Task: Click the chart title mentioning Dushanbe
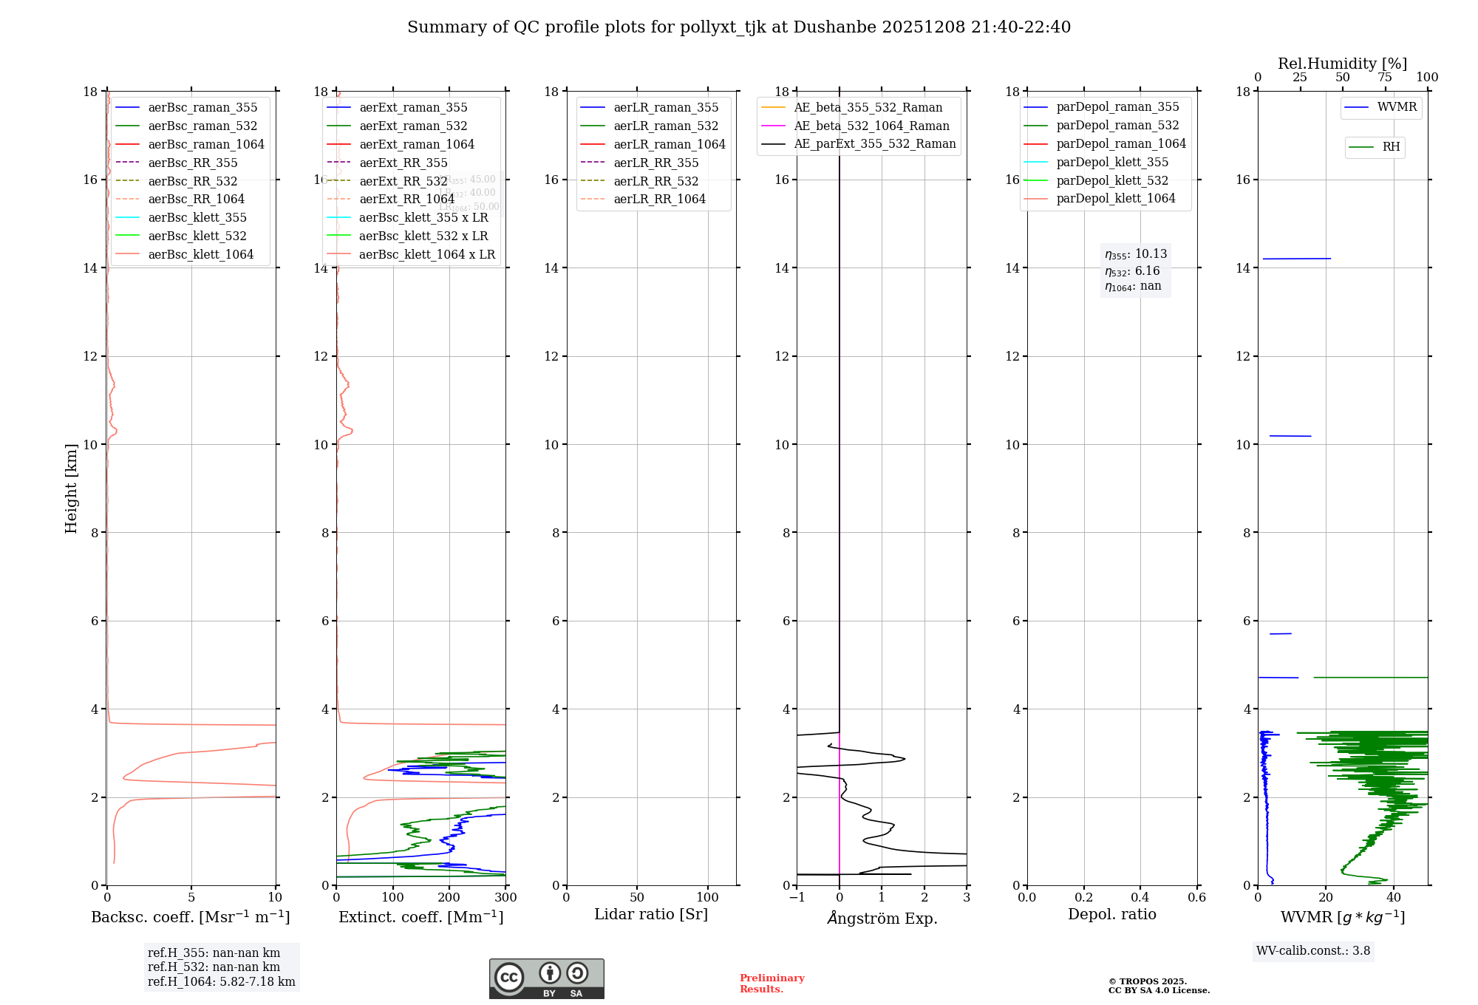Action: tap(739, 27)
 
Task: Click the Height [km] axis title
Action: tap(71, 488)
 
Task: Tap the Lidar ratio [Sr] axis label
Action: tap(651, 914)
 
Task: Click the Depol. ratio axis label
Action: tap(1111, 914)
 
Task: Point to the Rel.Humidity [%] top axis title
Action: tap(1342, 64)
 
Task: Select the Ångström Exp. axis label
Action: tap(882, 918)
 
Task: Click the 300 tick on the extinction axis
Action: tap(505, 897)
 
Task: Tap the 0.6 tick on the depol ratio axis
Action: tap(1196, 897)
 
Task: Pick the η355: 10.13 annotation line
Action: tap(1136, 254)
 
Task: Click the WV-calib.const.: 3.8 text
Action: tap(1313, 951)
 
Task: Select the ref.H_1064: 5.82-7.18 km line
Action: tap(221, 982)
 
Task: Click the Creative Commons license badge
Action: tap(546, 978)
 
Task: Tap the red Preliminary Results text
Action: tap(772, 984)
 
